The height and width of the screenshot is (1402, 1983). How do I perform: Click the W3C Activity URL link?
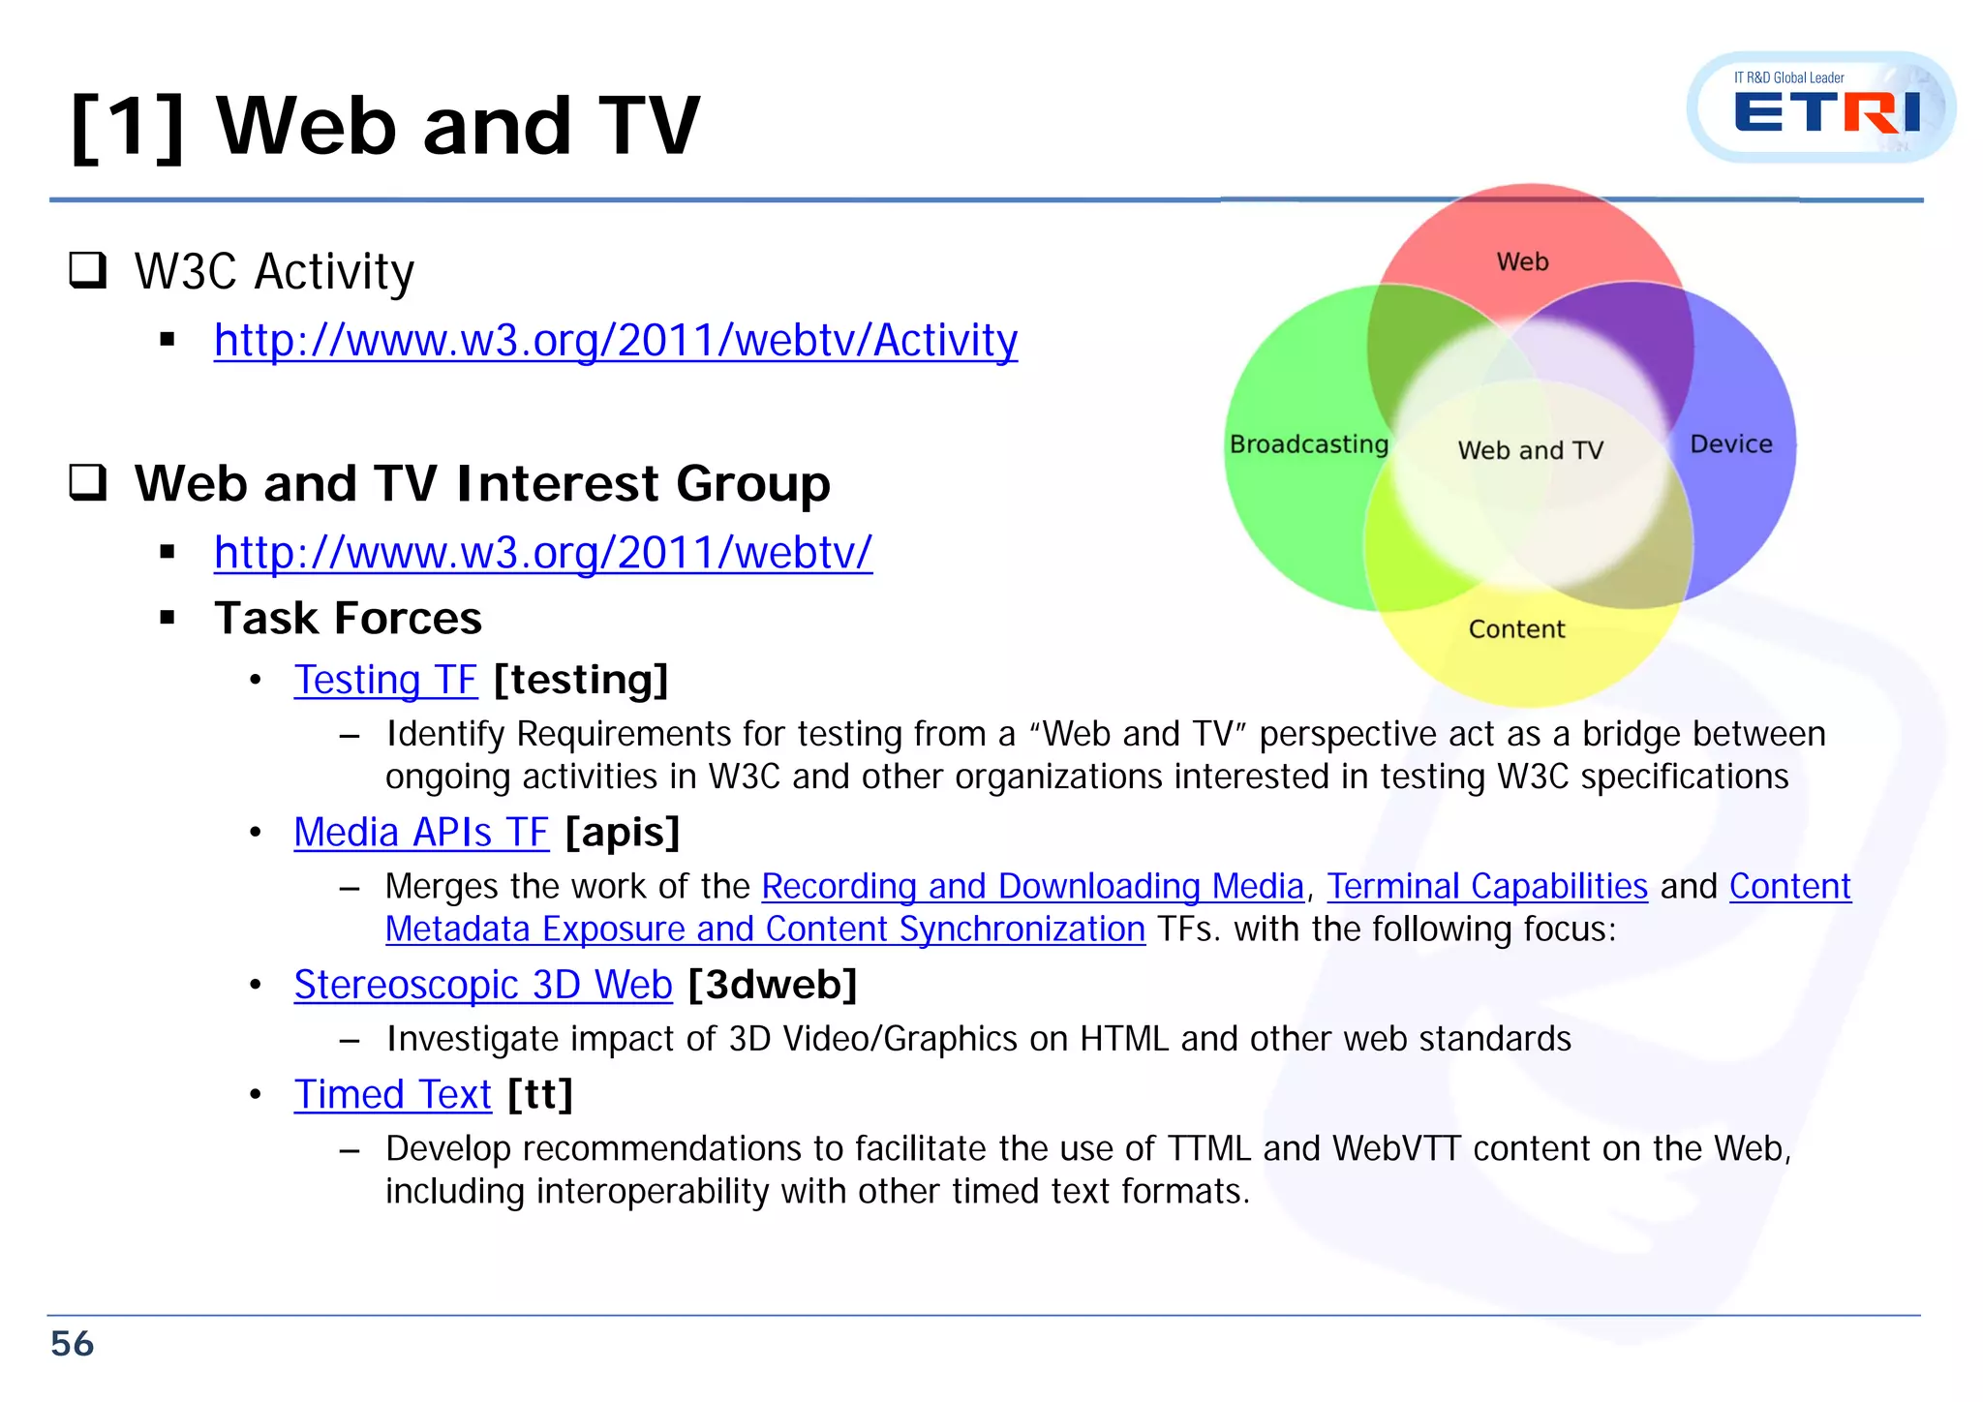tap(616, 341)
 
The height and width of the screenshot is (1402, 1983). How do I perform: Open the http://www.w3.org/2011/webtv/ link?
tap(543, 553)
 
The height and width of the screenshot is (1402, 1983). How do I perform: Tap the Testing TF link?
tap(385, 680)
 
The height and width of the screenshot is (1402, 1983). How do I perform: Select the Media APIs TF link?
tap(421, 833)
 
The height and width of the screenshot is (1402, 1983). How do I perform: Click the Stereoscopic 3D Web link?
tap(483, 985)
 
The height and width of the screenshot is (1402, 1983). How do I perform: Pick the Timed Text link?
tap(393, 1095)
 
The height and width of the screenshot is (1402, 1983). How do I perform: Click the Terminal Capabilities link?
tap(1486, 886)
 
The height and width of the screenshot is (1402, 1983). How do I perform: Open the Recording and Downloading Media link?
tap(1032, 886)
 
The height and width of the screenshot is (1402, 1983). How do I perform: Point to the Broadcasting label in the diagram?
tap(1308, 444)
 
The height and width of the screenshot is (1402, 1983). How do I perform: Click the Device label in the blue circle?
tap(1730, 444)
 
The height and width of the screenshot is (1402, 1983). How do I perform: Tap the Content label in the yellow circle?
tap(1516, 629)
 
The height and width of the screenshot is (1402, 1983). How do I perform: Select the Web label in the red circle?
tap(1522, 262)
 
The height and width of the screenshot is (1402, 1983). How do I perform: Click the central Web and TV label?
tap(1530, 450)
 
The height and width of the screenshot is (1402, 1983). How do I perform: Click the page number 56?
tap(73, 1344)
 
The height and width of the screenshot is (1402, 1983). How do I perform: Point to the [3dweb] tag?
tap(773, 985)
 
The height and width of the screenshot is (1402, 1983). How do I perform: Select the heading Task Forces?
tap(348, 618)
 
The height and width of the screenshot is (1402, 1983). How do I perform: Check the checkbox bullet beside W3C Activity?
tap(88, 270)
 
